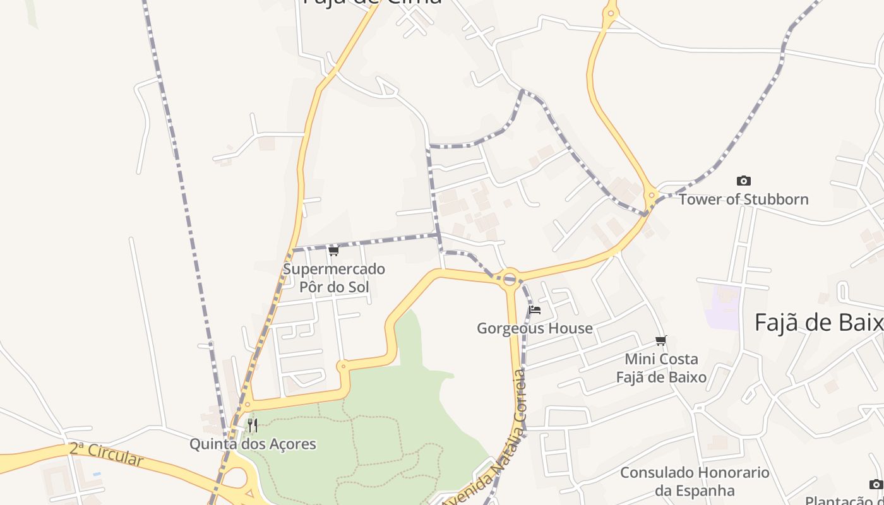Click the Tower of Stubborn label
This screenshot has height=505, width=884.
pyautogui.click(x=743, y=199)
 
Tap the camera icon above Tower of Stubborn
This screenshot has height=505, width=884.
pyautogui.click(x=744, y=181)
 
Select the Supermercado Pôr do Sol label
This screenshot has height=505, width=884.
pyautogui.click(x=333, y=278)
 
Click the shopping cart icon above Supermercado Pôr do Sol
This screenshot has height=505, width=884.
pyautogui.click(x=333, y=251)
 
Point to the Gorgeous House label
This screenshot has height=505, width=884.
pyautogui.click(x=534, y=328)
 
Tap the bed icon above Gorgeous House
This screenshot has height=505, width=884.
pyautogui.click(x=535, y=310)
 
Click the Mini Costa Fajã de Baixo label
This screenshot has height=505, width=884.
pyautogui.click(x=661, y=368)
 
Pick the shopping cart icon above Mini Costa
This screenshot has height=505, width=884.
pyautogui.click(x=660, y=341)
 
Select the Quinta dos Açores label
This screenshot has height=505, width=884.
pyautogui.click(x=253, y=444)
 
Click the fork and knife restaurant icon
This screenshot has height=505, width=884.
pyautogui.click(x=253, y=425)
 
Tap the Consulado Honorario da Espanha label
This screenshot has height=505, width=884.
pyautogui.click(x=695, y=482)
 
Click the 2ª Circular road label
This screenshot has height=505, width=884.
pyautogui.click(x=106, y=454)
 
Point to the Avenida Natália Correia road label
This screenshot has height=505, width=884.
pyautogui.click(x=486, y=442)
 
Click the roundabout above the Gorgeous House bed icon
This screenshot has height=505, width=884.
pyautogui.click(x=510, y=277)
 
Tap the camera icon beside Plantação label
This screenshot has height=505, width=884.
pyautogui.click(x=875, y=484)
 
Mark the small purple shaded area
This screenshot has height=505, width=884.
pyautogui.click(x=723, y=307)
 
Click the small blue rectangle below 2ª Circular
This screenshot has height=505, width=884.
pyautogui.click(x=96, y=473)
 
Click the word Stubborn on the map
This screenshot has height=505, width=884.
pyautogui.click(x=776, y=199)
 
